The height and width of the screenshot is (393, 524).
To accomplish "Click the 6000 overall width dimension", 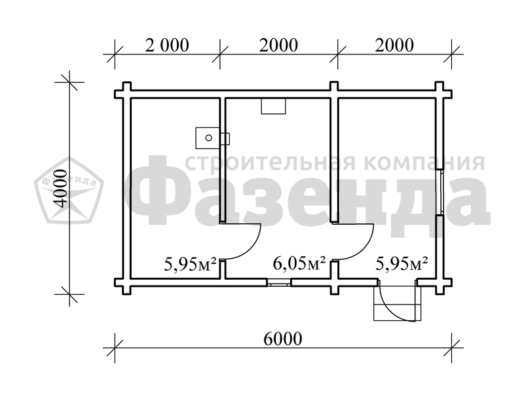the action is (x=283, y=339).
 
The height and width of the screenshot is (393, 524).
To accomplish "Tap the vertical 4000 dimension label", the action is (x=61, y=188).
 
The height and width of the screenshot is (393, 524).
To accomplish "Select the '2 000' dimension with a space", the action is (x=167, y=45).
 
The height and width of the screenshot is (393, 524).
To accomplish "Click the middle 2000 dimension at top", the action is (x=278, y=45).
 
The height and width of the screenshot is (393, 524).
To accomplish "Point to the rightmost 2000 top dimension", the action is (x=394, y=45).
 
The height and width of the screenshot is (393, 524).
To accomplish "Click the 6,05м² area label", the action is (x=299, y=263).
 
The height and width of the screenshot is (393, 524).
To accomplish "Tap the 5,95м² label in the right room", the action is (x=402, y=263).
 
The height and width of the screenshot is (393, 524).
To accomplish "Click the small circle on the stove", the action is (x=208, y=138).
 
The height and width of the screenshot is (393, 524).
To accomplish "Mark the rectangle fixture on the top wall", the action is (x=273, y=106).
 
